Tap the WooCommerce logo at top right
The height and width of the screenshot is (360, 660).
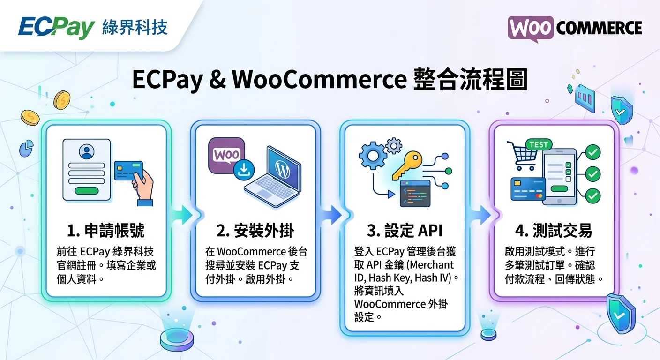(575, 28)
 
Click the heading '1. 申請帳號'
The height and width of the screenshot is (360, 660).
(105, 231)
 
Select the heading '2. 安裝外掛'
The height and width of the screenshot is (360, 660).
(255, 231)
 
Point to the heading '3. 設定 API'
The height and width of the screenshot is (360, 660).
(405, 231)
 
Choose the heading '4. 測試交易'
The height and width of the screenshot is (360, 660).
(554, 231)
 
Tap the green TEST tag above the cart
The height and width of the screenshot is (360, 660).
(539, 145)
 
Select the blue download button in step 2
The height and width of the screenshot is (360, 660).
(244, 169)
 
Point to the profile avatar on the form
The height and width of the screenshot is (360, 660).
(87, 151)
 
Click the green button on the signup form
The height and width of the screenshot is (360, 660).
(87, 191)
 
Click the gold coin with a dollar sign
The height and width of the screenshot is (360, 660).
(61, 100)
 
